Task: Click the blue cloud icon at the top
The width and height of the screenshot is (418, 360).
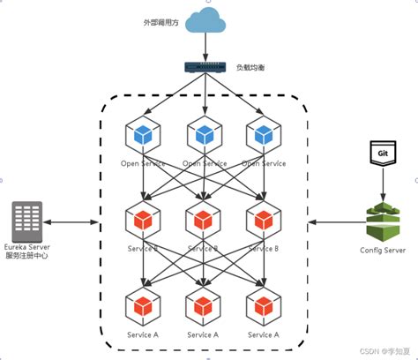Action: coord(205,20)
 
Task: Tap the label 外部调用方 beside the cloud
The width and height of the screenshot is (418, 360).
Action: coord(160,21)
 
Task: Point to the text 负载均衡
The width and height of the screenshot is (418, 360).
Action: coord(251,67)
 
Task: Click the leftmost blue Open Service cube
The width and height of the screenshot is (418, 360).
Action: coord(142,135)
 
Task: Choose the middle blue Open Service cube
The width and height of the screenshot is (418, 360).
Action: coord(204,135)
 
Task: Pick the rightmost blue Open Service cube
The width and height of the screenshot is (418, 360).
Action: coord(263,135)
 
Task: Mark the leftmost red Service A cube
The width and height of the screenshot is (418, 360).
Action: coord(142,306)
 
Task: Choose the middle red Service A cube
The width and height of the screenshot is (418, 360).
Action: coord(204,306)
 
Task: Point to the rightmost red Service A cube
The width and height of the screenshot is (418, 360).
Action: coord(263,306)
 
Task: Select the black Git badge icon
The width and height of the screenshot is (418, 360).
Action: coord(382,154)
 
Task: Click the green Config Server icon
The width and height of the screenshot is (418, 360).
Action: coord(382,221)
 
